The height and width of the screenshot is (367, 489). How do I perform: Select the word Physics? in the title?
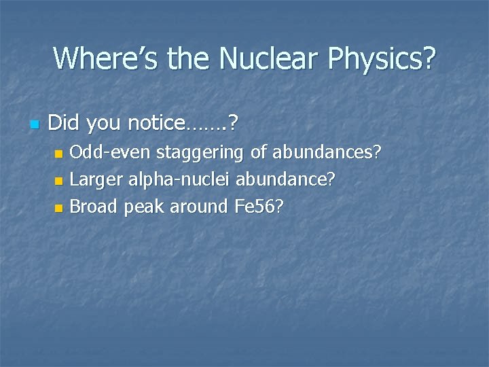(x=382, y=59)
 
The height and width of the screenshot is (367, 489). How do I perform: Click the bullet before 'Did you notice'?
(x=33, y=124)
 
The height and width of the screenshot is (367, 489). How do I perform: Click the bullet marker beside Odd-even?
(x=59, y=154)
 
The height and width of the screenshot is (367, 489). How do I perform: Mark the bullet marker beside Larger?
(x=59, y=181)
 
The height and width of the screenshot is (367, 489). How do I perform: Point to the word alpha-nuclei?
(x=177, y=179)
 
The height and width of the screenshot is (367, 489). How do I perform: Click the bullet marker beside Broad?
(x=59, y=207)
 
